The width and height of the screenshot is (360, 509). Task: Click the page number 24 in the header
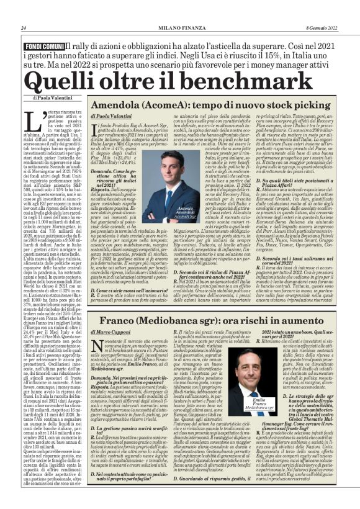23,27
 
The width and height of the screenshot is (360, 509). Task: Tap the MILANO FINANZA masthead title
179,27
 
